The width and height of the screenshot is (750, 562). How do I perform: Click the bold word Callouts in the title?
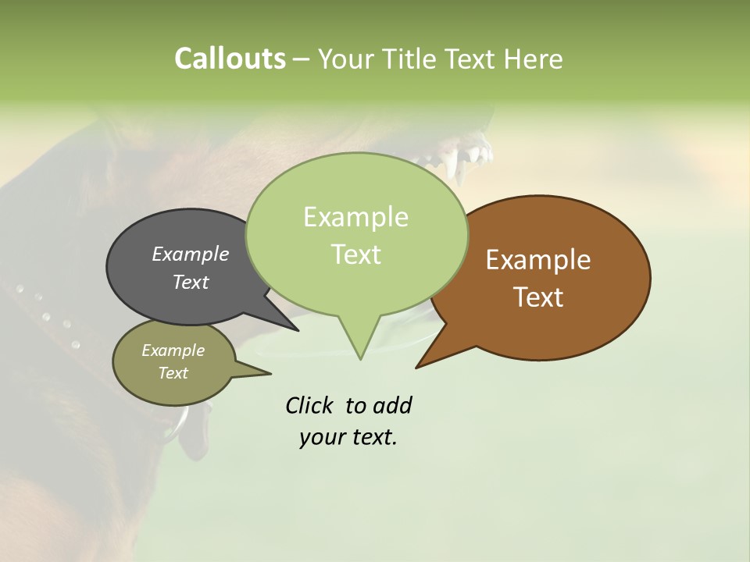(x=230, y=59)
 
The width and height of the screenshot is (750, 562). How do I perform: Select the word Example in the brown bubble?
(x=538, y=260)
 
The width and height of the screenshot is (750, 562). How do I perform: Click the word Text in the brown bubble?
(x=538, y=297)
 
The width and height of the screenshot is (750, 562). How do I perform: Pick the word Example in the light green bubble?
(x=355, y=217)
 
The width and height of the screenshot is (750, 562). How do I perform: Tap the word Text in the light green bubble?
(x=355, y=254)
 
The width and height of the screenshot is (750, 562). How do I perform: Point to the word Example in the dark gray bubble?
(x=190, y=254)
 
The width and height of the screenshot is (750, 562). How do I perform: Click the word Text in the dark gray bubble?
(x=190, y=282)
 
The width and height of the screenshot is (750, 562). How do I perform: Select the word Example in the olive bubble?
(x=173, y=350)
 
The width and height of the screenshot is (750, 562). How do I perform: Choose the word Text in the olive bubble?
(x=173, y=373)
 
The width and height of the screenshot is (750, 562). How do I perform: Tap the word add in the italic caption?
(x=391, y=406)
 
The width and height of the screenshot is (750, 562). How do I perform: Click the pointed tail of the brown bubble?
(x=422, y=363)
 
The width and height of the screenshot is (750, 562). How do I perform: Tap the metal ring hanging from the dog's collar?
(x=179, y=425)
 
